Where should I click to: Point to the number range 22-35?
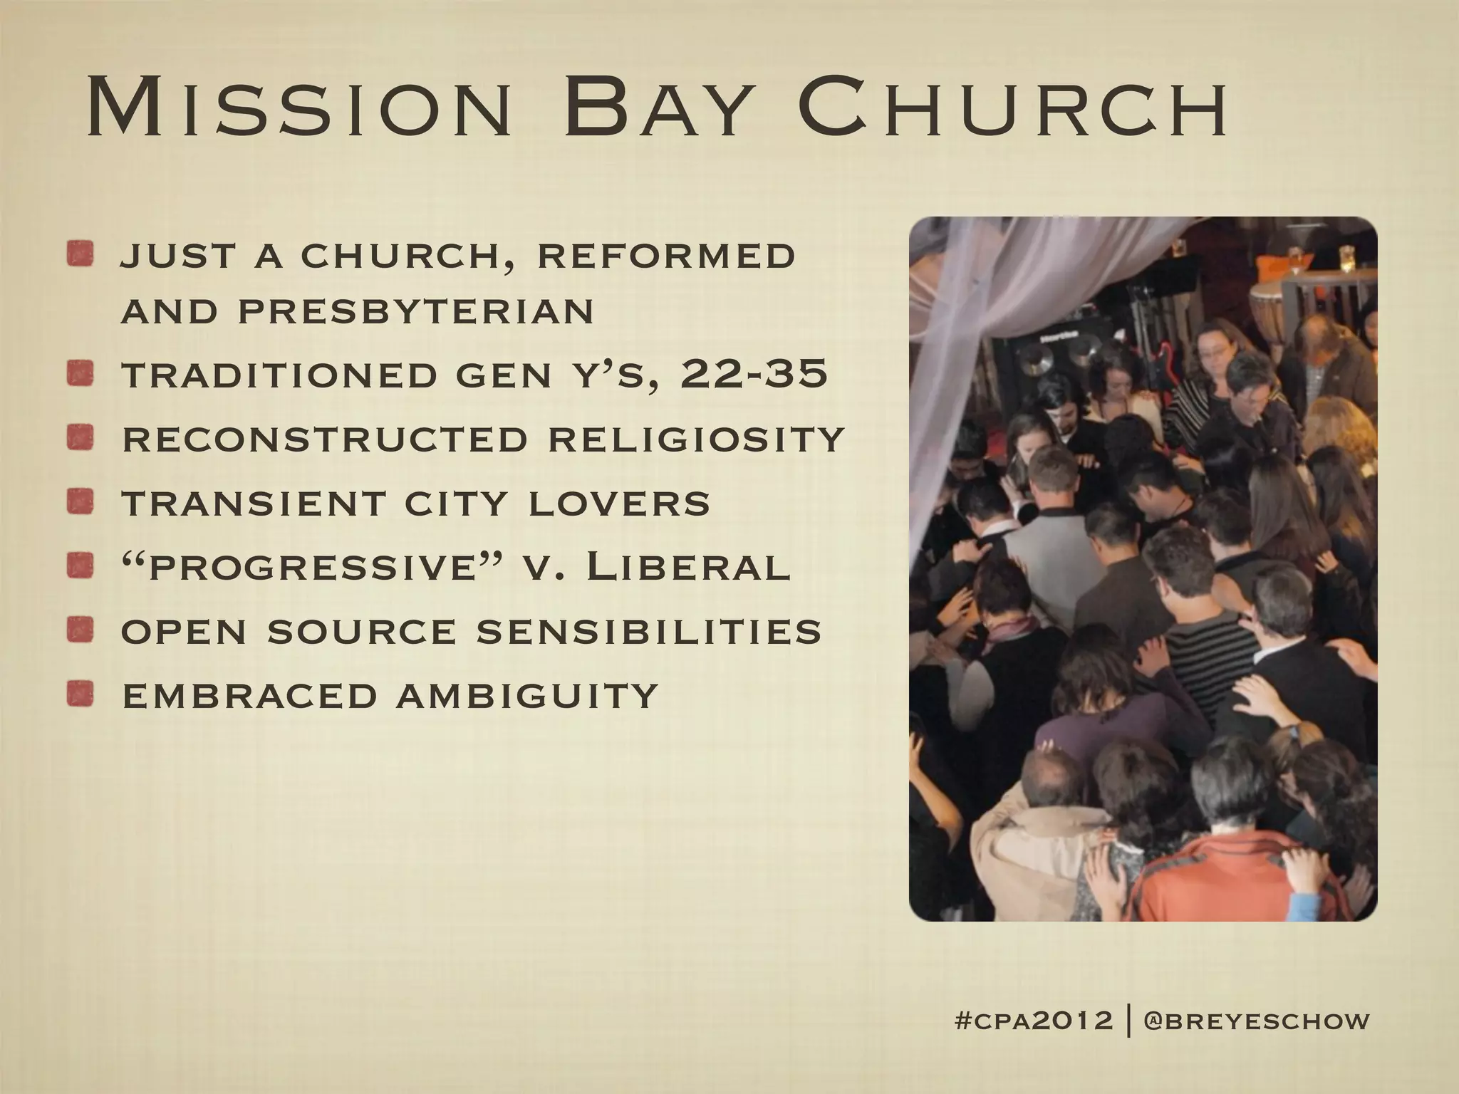(754, 374)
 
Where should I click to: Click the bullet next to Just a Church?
(81, 255)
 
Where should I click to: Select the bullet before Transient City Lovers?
(81, 502)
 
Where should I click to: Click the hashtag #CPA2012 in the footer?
(1033, 1021)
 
